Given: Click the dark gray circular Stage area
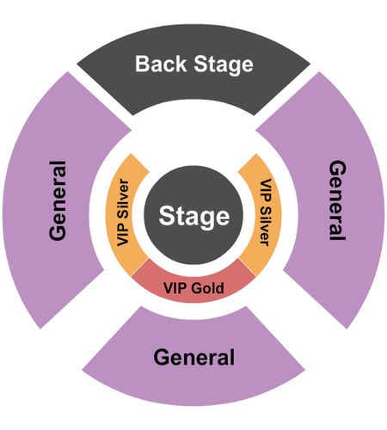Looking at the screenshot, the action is (x=193, y=215).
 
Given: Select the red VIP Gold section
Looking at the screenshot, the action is (x=193, y=284).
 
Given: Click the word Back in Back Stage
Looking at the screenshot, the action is (x=161, y=64).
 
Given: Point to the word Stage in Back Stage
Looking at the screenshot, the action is (x=224, y=65).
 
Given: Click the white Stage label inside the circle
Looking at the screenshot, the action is (x=194, y=217).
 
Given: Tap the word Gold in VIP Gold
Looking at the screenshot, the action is (x=207, y=288).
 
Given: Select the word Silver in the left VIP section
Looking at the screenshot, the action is (x=124, y=200).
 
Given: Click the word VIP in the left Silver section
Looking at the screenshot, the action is (x=123, y=235).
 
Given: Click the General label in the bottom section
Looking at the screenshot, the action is (x=194, y=357).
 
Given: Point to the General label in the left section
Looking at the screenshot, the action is (x=58, y=200).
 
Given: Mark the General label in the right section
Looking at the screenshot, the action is (x=337, y=200).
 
